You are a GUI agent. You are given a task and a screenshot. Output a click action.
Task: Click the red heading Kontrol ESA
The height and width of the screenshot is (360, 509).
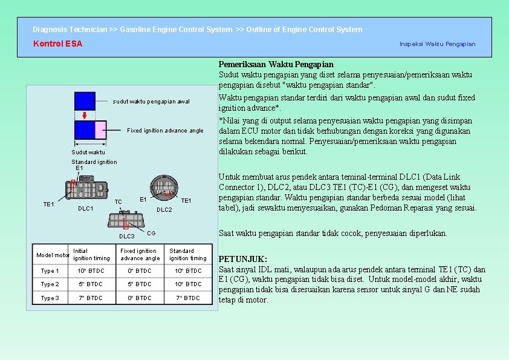click(57, 44)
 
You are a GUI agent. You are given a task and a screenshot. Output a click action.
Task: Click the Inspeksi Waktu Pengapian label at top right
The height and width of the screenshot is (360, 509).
click(437, 44)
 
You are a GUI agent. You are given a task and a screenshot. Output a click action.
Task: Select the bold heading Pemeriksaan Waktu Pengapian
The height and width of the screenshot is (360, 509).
click(276, 64)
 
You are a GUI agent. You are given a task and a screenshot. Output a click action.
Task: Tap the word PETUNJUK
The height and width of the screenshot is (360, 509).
click(242, 259)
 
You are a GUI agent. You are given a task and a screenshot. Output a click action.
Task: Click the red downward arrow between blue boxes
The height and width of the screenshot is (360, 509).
click(85, 115)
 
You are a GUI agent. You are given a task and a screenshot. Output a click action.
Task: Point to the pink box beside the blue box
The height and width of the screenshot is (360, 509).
click(100, 130)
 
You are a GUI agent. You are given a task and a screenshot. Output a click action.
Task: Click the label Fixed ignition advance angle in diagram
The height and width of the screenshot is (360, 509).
click(165, 131)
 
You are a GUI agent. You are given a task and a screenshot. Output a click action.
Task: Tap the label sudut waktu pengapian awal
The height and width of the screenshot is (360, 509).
click(151, 101)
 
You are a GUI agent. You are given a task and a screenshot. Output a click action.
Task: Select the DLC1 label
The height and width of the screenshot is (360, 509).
click(86, 209)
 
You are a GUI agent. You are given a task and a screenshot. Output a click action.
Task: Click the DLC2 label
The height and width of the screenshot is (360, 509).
click(164, 210)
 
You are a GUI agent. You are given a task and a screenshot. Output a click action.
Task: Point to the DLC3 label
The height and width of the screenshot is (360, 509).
click(126, 236)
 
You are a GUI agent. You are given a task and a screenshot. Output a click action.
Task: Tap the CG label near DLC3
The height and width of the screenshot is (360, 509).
click(151, 232)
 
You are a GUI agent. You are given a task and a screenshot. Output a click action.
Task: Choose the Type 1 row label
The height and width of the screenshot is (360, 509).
click(50, 271)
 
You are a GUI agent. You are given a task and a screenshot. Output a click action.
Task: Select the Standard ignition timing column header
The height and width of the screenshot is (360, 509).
click(188, 254)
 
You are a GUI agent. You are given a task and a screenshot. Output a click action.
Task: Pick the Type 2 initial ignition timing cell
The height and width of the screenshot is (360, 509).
click(91, 284)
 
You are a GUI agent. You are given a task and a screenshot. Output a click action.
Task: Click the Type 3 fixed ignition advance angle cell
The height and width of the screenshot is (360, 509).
click(140, 298)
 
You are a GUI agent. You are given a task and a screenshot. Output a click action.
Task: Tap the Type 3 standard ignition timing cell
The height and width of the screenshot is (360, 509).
click(188, 298)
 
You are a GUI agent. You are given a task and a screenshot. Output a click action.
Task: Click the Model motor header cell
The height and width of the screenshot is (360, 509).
click(52, 255)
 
